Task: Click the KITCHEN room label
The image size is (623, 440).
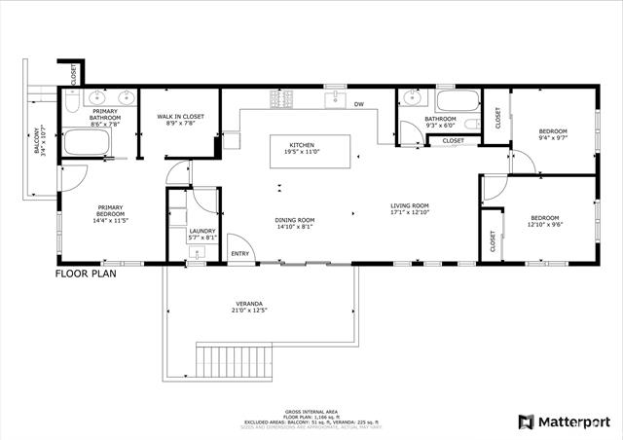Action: tap(302, 145)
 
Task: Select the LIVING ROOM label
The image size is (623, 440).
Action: tap(410, 205)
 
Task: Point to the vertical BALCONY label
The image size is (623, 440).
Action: tap(37, 141)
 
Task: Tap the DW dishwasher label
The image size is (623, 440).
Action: tap(358, 104)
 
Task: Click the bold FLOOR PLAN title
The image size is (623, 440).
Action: tap(89, 275)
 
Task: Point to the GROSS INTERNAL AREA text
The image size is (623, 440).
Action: tap(311, 412)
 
